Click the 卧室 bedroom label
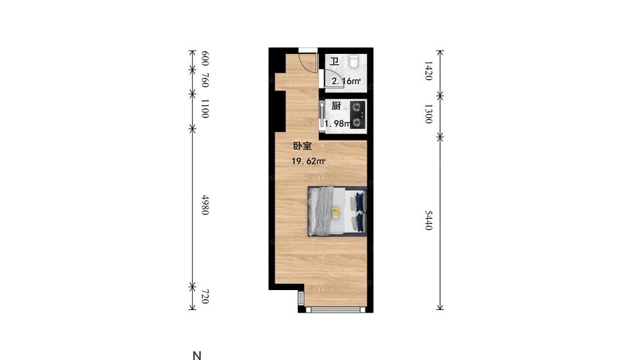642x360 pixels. click(x=302, y=146)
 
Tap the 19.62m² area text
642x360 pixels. click(x=308, y=161)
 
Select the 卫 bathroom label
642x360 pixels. click(x=334, y=62)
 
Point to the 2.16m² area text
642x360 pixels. click(x=346, y=81)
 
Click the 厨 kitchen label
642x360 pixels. click(x=336, y=107)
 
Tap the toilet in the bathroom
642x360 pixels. click(x=354, y=62)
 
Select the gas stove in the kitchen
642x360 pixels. click(x=357, y=114)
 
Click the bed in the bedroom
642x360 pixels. click(x=337, y=212)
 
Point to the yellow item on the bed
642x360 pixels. click(x=336, y=212)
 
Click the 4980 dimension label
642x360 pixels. click(x=205, y=205)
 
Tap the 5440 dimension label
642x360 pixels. click(x=428, y=220)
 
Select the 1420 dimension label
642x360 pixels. click(x=428, y=71)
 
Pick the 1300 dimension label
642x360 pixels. click(x=428, y=114)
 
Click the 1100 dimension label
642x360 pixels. click(x=205, y=108)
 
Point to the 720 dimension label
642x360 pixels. click(x=205, y=296)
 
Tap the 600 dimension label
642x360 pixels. click(x=205, y=58)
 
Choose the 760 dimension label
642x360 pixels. click(x=205, y=80)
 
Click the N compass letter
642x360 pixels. click(x=197, y=356)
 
